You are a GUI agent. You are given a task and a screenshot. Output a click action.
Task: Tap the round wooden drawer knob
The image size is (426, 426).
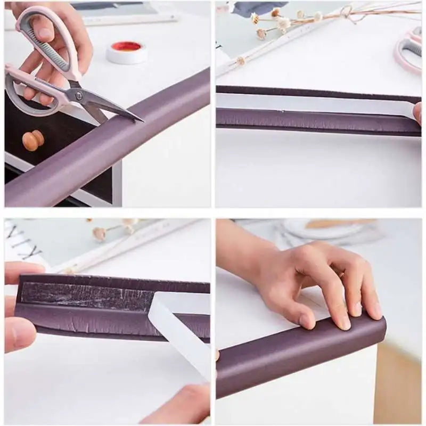(33, 141)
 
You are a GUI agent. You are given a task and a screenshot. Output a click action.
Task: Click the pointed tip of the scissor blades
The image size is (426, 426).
(141, 120)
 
